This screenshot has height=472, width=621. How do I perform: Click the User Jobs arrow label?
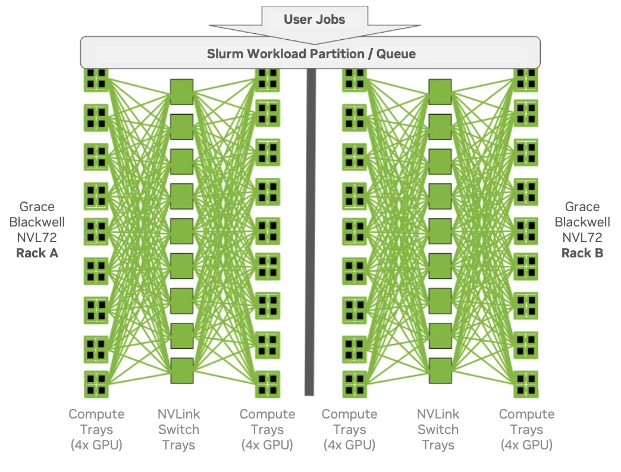point(314,19)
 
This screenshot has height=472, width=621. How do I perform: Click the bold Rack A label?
point(37,253)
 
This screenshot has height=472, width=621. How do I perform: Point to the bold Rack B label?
point(582,253)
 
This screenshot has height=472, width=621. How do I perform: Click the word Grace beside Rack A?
point(37,207)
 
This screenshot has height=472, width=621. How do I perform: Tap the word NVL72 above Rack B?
point(582,238)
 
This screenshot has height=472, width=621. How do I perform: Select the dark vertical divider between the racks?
point(309,232)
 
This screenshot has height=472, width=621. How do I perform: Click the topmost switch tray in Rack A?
point(181,92)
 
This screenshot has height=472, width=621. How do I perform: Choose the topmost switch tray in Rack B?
point(440,92)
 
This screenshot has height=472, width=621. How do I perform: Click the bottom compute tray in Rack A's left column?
point(96,384)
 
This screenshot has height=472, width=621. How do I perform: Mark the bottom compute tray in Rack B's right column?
point(526,384)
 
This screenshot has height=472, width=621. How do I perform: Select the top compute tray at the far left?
point(96,78)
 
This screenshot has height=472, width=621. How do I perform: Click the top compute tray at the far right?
point(526,78)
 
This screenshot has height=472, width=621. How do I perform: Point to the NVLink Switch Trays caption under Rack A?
point(178,429)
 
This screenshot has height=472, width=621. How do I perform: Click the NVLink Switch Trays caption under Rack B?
point(438,429)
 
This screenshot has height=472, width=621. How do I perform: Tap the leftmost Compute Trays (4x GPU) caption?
point(96,429)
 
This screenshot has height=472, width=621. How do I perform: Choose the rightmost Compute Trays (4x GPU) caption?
point(526,429)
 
